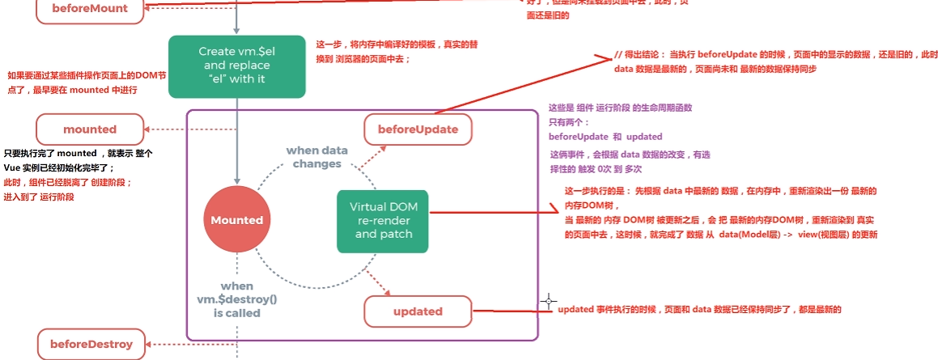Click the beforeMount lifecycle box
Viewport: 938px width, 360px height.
(89, 9)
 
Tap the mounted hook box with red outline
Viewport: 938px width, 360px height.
(90, 129)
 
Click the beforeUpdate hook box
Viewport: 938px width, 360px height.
(418, 129)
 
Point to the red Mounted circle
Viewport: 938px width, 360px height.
(237, 219)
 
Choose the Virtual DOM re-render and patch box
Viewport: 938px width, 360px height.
(383, 220)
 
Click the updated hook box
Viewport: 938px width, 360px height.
(418, 311)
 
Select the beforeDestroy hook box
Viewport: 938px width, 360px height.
(91, 344)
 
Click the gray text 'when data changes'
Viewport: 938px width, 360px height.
(317, 157)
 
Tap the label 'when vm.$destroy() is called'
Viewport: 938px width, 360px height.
(237, 299)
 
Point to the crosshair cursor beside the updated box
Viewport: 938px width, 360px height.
(550, 302)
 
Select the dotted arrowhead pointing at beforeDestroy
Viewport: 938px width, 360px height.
(147, 344)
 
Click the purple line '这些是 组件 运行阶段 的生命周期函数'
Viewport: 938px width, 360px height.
(620, 108)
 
